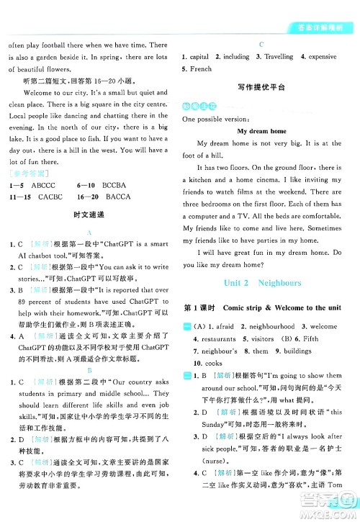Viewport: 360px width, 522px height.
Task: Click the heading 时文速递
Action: tap(89, 204)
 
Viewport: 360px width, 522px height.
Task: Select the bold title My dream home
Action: tap(261, 131)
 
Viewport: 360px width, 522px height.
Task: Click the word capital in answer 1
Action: tap(199, 57)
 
